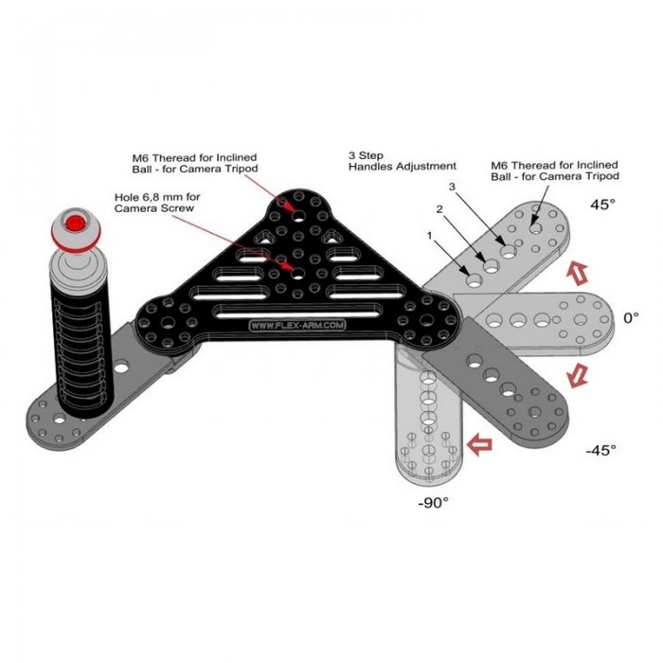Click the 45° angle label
tap(603, 205)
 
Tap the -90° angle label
tap(433, 503)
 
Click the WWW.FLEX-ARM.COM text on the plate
tap(296, 325)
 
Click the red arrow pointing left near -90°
tap(481, 440)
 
